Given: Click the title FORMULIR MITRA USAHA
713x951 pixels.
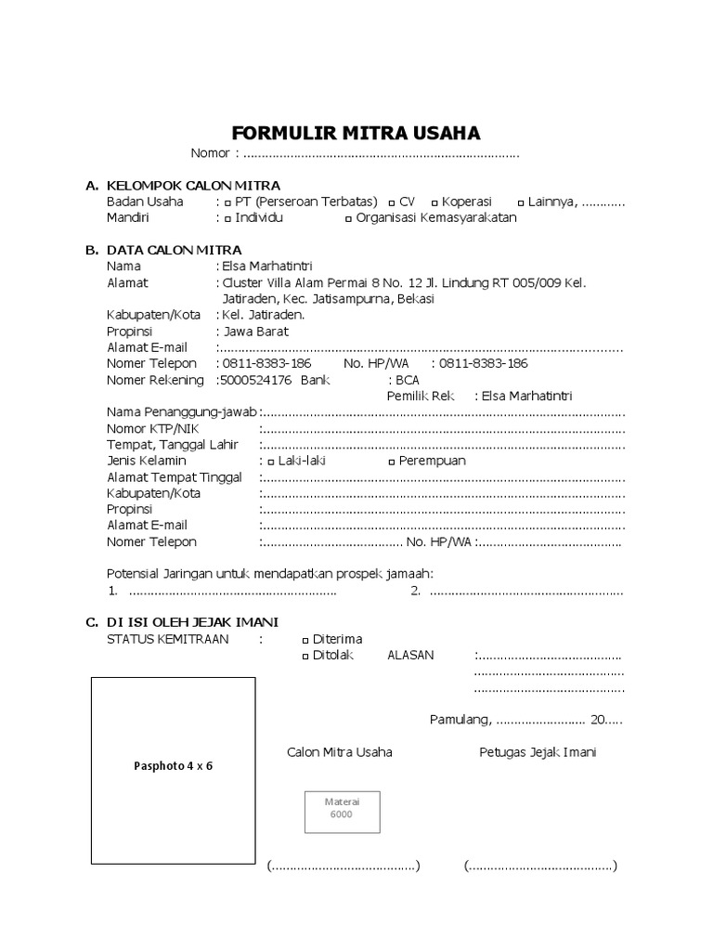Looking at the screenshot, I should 356,133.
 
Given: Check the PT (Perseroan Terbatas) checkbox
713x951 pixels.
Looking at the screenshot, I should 227,202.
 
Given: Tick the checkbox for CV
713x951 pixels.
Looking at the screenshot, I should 392,202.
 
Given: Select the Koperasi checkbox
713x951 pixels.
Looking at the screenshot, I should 434,202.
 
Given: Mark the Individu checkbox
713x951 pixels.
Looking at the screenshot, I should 227,219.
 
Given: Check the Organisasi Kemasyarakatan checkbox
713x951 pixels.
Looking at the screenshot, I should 348,219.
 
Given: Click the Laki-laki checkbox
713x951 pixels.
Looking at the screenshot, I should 270,462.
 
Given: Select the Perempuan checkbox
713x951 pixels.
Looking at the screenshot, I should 392,462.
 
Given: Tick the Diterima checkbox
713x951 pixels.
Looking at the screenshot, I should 305,640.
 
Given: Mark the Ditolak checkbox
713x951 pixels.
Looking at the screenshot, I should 305,657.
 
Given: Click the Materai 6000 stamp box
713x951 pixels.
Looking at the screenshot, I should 341,808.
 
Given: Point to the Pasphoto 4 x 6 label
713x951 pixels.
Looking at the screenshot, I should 174,767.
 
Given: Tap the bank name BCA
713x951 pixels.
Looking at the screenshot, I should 408,380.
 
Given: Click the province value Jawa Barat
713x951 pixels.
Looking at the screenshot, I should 255,332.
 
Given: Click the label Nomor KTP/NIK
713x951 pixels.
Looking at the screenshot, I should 152,429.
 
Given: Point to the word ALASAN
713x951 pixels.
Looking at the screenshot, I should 410,656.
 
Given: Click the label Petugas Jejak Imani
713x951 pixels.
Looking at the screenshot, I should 538,752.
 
